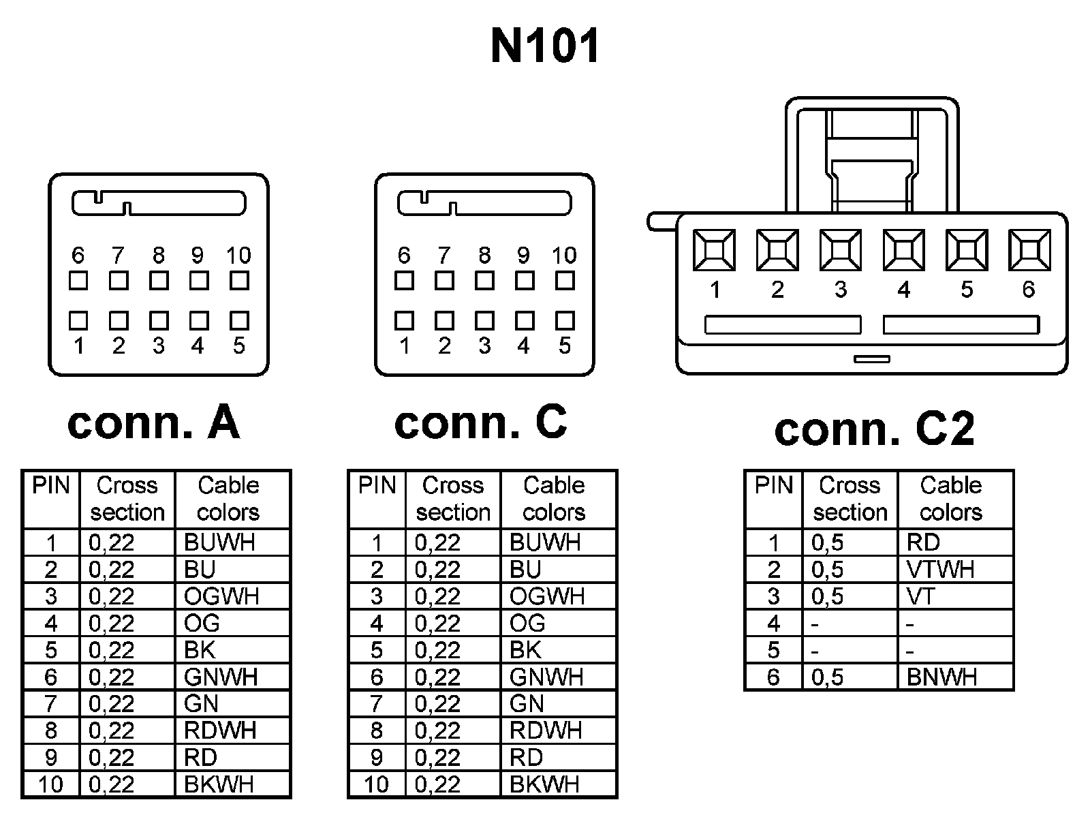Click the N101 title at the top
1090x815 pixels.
tap(545, 46)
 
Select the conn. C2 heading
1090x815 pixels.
tap(875, 429)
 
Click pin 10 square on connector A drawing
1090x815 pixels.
tap(239, 280)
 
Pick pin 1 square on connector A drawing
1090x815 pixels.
tap(78, 320)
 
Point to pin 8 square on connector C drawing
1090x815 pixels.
tap(484, 280)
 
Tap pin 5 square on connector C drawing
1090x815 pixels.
tap(565, 320)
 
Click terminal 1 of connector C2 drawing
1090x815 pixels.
tap(714, 250)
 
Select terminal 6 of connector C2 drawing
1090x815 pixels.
tap(1029, 250)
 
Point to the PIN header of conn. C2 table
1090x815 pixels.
tap(774, 486)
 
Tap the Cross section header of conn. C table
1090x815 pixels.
tap(453, 498)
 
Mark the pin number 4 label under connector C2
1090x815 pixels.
tap(904, 290)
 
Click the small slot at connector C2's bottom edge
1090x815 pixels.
tap(872, 358)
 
